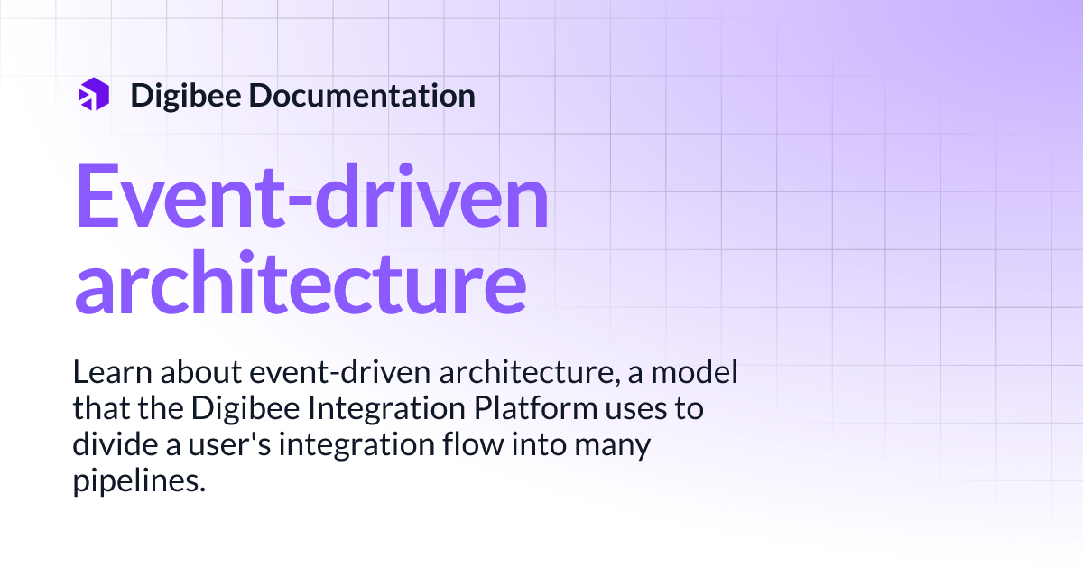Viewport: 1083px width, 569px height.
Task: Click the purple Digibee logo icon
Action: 94,94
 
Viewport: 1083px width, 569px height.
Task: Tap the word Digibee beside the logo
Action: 184,95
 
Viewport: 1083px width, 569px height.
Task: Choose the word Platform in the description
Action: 532,409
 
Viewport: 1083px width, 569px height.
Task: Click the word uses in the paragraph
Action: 636,409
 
